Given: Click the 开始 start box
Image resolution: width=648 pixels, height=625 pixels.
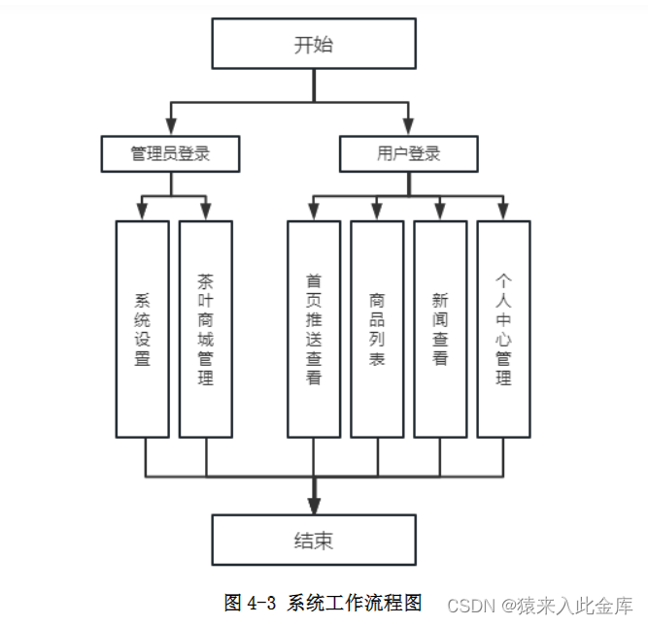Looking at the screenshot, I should click(314, 45).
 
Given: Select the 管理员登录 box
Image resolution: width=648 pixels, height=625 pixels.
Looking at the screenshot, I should click(171, 153).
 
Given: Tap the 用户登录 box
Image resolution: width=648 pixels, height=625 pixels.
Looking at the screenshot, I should click(408, 153).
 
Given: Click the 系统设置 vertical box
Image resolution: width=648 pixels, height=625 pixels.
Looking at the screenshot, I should click(142, 329).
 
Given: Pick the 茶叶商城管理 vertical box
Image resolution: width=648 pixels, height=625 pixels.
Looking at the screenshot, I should click(206, 329).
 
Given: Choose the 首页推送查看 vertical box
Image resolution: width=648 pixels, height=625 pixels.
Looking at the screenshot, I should click(313, 329).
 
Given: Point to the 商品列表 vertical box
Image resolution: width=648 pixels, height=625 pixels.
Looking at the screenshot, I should click(377, 329).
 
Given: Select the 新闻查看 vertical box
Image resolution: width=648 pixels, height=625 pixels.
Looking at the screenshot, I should click(440, 329).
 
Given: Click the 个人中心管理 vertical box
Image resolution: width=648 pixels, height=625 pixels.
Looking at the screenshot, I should click(503, 329).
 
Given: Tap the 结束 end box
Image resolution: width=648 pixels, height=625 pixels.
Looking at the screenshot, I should click(314, 540).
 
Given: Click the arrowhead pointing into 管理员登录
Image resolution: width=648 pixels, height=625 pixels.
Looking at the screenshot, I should click(171, 126).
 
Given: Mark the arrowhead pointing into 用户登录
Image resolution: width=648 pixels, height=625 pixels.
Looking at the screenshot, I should click(408, 126).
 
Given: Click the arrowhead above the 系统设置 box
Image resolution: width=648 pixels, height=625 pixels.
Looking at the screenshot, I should click(142, 212).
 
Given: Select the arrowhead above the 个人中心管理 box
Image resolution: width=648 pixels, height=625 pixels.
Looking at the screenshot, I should click(503, 212).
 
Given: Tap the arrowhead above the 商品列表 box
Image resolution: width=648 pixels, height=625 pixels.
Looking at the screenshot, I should click(377, 212).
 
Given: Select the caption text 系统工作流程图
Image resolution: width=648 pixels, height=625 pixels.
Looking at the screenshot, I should click(355, 603).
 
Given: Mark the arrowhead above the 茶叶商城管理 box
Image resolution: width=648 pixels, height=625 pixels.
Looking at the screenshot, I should click(206, 212).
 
